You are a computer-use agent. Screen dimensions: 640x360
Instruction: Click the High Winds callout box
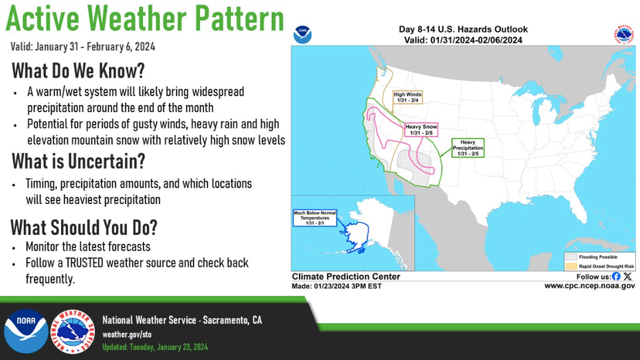coord(407,97)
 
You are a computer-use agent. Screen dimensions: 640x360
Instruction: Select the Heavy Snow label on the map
coord(421,130)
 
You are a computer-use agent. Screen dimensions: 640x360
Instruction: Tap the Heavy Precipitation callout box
coord(468,148)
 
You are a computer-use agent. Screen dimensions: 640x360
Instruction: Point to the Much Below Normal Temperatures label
coord(315,218)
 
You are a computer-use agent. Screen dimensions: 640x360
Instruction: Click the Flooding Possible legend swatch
coord(571,257)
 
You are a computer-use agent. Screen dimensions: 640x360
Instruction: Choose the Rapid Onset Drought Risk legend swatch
coord(571,266)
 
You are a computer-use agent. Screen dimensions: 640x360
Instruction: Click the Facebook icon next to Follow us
coord(616,276)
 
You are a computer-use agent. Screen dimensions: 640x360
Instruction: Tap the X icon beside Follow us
coord(628,276)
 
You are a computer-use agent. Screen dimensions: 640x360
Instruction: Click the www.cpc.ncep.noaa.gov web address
coord(589,286)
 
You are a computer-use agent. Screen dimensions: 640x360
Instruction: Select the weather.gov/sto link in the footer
coord(127,335)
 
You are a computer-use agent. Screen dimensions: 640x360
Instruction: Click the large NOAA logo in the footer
coord(26,331)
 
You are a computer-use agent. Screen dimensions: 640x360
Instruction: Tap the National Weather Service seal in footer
coord(73,331)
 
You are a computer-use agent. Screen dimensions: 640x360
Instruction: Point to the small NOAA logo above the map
coord(302,34)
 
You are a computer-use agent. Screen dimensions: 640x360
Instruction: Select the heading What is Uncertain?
coord(78,161)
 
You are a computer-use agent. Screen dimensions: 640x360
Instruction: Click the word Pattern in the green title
coord(239,19)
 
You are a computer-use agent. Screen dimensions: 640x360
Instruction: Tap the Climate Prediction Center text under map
coord(346,276)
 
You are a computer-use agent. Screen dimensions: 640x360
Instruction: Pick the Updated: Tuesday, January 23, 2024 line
coord(155,347)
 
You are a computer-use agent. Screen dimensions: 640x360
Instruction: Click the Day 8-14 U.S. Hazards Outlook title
coord(464,30)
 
